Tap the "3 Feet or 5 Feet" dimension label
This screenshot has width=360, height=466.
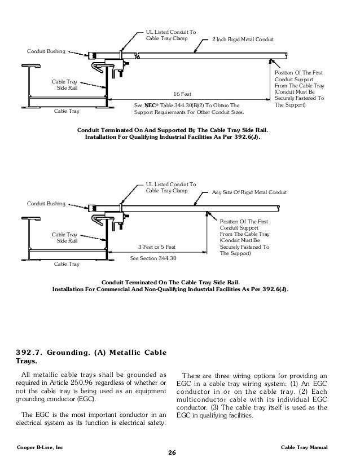[x=156, y=247]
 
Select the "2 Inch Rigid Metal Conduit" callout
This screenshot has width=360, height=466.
[x=242, y=40]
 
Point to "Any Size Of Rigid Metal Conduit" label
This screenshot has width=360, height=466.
[x=249, y=193]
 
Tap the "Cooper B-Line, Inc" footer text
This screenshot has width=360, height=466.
[x=40, y=447]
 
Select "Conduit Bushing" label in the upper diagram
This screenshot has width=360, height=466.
[x=46, y=52]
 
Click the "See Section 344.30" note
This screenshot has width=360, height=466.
[x=153, y=258]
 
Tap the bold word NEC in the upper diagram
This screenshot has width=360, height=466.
[x=149, y=105]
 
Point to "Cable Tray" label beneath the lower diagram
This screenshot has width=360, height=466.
[x=67, y=263]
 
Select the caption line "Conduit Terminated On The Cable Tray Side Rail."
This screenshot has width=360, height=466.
[x=170, y=282]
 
